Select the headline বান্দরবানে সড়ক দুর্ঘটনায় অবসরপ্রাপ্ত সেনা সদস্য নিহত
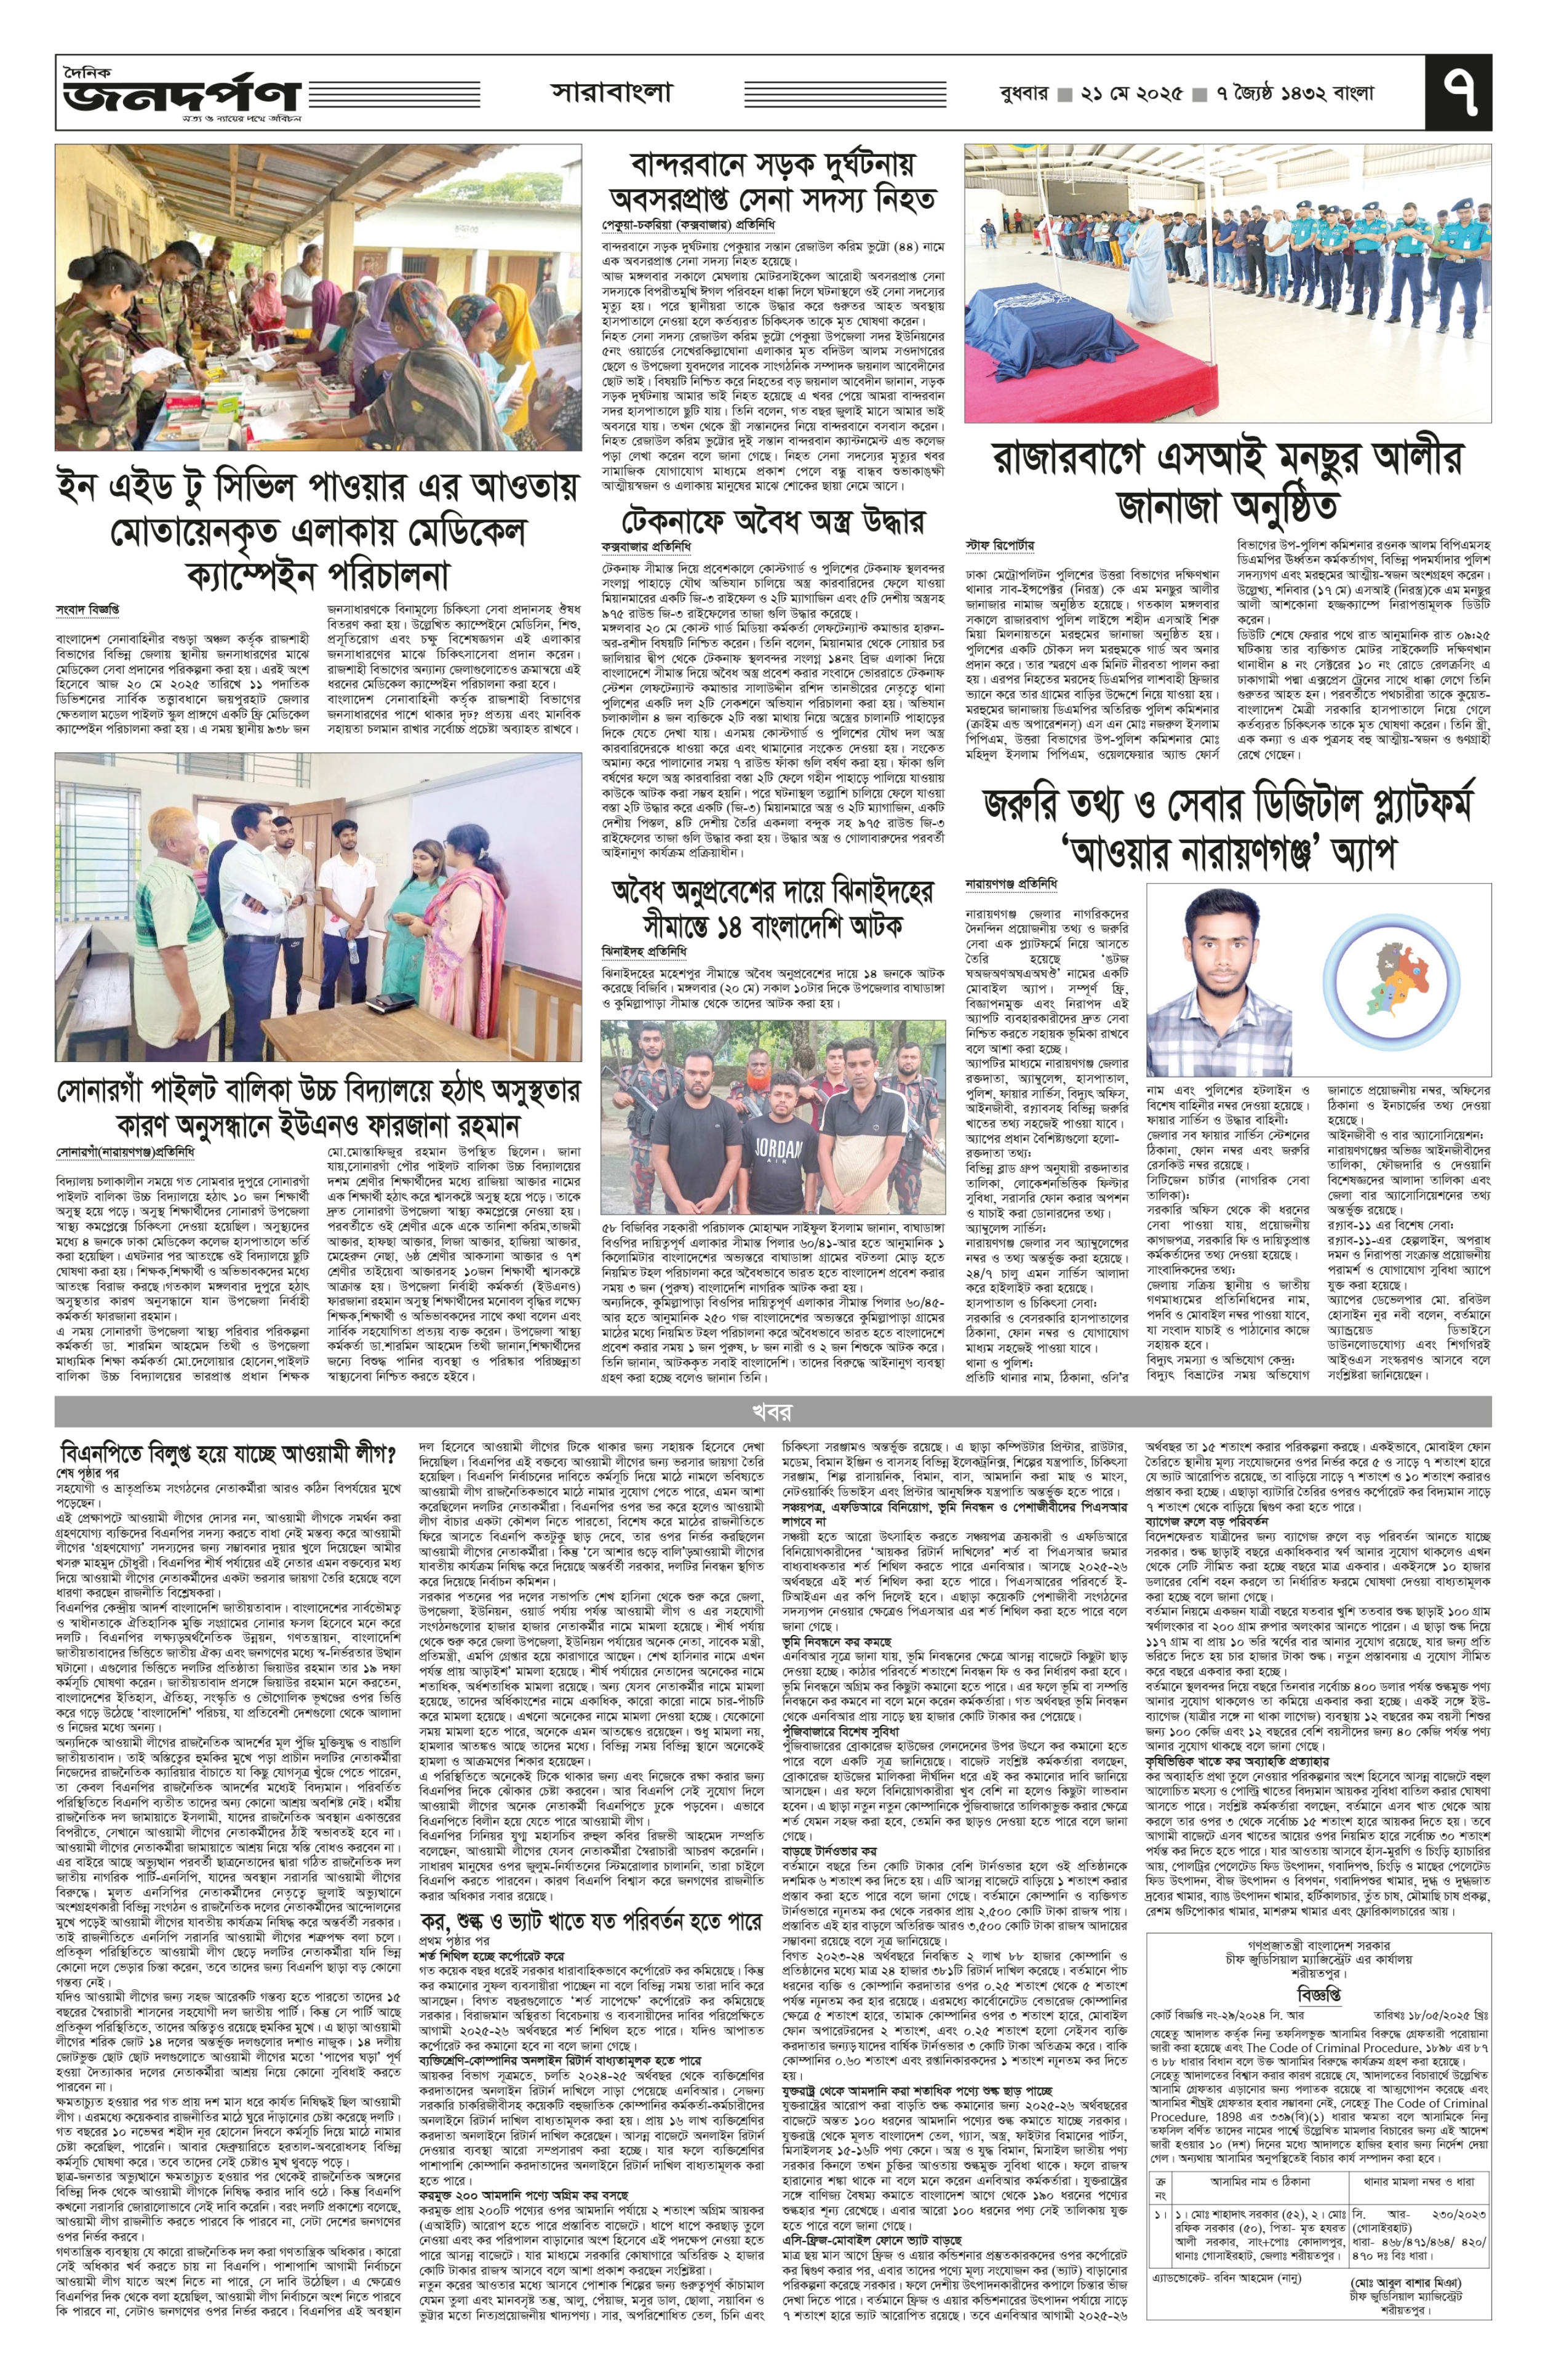[x=770, y=181]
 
